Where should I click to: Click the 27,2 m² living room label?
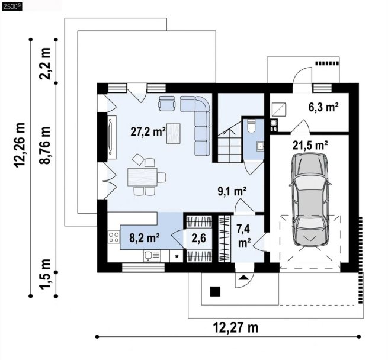(x=148, y=132)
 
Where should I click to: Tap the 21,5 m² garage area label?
(x=310, y=146)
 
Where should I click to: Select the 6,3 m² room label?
(x=323, y=107)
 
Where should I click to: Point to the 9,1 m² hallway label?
(x=232, y=191)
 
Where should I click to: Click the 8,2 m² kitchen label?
(x=145, y=238)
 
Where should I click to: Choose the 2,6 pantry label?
(x=198, y=238)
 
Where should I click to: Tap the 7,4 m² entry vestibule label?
(x=243, y=236)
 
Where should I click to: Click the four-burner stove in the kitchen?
(x=114, y=237)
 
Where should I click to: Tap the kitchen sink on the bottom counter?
(x=152, y=256)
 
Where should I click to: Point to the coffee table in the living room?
(x=173, y=133)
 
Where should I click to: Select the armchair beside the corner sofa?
(x=167, y=103)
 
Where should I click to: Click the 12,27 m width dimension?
(x=236, y=328)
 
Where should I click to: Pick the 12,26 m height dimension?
(x=20, y=145)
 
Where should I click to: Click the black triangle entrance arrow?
(x=244, y=277)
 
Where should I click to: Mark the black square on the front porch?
(x=215, y=291)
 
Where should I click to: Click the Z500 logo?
(x=12, y=6)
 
